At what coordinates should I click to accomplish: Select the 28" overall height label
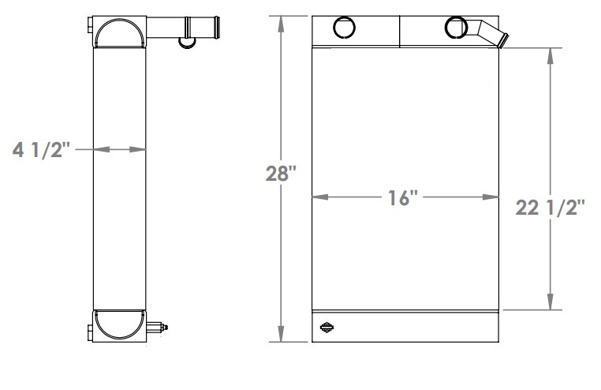[281, 174]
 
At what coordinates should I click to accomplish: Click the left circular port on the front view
[344, 28]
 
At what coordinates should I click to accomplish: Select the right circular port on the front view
[455, 28]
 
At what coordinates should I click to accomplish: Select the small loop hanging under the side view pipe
[186, 41]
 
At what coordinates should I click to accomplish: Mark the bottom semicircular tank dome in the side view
[120, 324]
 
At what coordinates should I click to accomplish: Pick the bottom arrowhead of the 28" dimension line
[281, 337]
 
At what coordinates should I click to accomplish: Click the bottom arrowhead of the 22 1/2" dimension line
[550, 306]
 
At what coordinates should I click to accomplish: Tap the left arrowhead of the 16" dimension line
[318, 196]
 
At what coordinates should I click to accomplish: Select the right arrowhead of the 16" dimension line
[495, 196]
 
